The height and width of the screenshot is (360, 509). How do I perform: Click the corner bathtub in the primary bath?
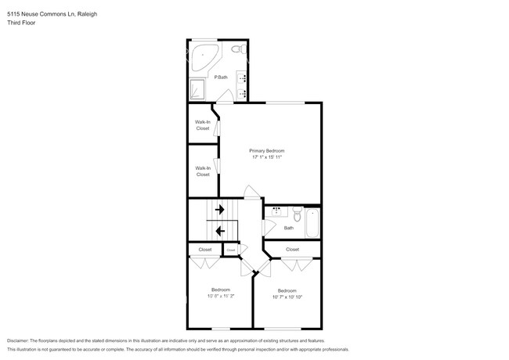[x=205, y=55]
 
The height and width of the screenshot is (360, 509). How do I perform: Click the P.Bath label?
[x=222, y=77]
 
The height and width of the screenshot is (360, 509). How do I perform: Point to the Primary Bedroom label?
[x=266, y=150]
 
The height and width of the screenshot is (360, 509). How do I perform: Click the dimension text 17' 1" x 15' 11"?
[x=266, y=157]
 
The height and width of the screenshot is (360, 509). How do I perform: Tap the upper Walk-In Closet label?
[x=203, y=124]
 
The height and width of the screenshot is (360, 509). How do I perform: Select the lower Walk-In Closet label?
[x=203, y=171]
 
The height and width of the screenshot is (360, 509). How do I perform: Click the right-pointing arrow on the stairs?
[x=221, y=210]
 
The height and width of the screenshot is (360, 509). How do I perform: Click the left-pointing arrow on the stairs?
[x=221, y=231]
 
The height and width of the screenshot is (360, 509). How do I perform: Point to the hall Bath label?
[x=289, y=228]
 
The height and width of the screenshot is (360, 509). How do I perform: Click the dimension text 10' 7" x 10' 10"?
[x=287, y=297]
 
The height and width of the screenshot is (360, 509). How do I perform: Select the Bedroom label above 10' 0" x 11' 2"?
[x=221, y=290]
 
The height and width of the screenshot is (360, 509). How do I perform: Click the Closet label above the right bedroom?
[x=292, y=249]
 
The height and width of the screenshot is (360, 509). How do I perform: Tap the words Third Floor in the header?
[x=21, y=23]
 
